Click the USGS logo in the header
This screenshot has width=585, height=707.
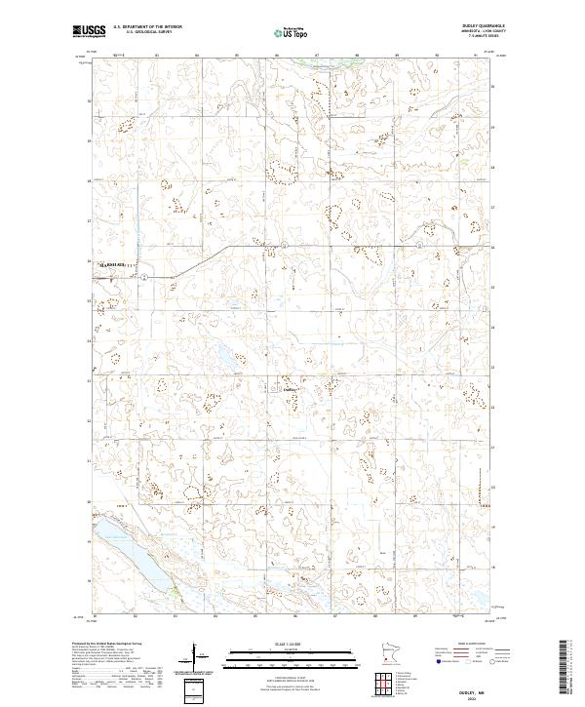point(90,31)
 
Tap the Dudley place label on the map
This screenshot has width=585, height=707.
point(289,388)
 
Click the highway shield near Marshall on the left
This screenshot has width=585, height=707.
point(143,277)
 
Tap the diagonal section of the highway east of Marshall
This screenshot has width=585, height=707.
point(185,263)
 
